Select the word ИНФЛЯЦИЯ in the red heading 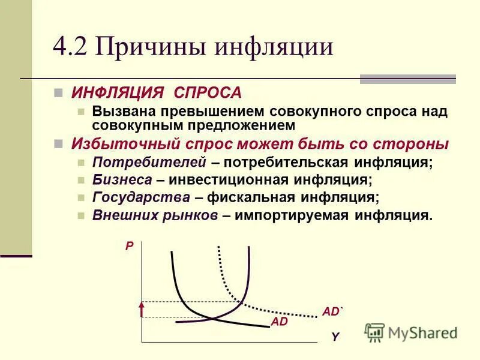[118, 94]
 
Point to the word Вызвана [122, 112]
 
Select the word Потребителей [149, 163]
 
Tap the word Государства [141, 197]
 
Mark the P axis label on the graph [128, 245]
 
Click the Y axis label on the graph [335, 337]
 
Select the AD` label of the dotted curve [332, 311]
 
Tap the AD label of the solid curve [280, 322]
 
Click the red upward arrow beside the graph [142, 309]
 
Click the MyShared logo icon [374, 332]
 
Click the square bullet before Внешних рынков [82, 216]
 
